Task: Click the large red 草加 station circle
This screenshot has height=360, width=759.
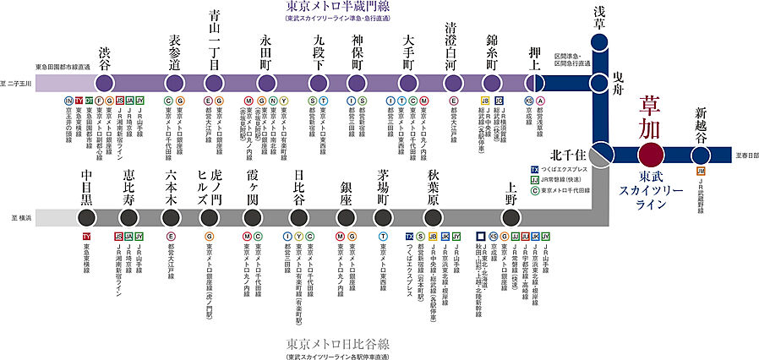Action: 651,154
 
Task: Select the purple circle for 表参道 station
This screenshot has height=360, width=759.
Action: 176,83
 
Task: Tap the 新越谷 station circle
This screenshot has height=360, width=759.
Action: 701,154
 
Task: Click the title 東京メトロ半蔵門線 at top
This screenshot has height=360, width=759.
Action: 332,7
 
